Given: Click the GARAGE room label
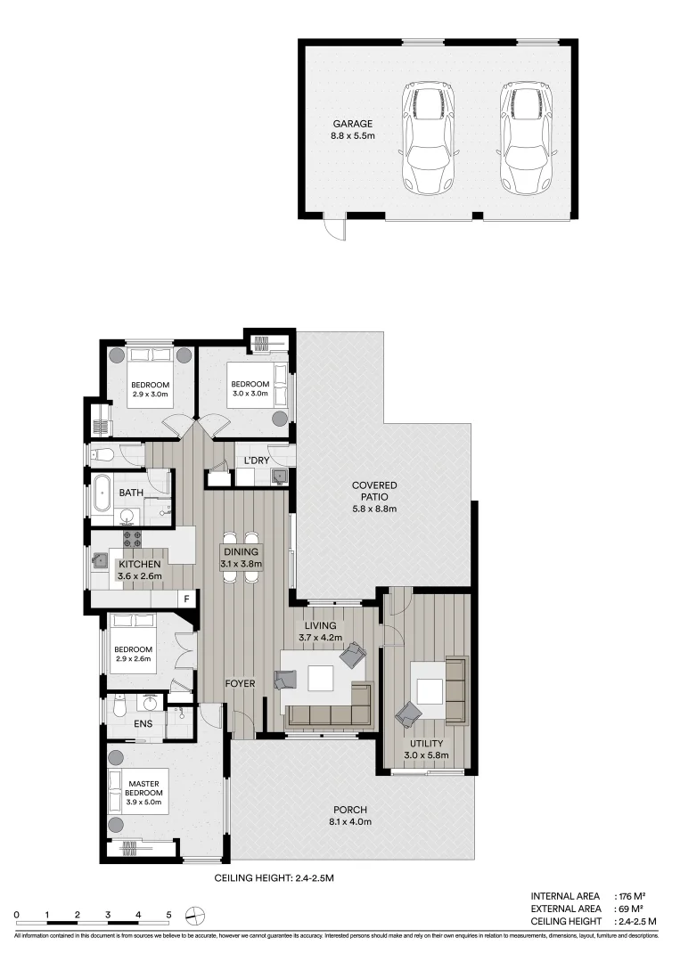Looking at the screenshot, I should pyautogui.click(x=352, y=124).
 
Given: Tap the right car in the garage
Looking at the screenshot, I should pyautogui.click(x=526, y=140).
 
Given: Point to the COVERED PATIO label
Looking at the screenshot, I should pyautogui.click(x=373, y=485).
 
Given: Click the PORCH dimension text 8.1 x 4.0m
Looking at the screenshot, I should pyautogui.click(x=350, y=821).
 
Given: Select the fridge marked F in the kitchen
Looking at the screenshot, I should pyautogui.click(x=186, y=599).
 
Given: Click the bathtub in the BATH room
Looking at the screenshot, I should pyautogui.click(x=102, y=494).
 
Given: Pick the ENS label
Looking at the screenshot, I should pyautogui.click(x=143, y=723).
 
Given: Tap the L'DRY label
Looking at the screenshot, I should pyautogui.click(x=257, y=461).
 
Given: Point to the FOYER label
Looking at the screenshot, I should pyautogui.click(x=241, y=684).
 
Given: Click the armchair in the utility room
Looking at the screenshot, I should pyautogui.click(x=409, y=713).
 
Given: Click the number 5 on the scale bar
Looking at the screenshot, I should pyautogui.click(x=168, y=915).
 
